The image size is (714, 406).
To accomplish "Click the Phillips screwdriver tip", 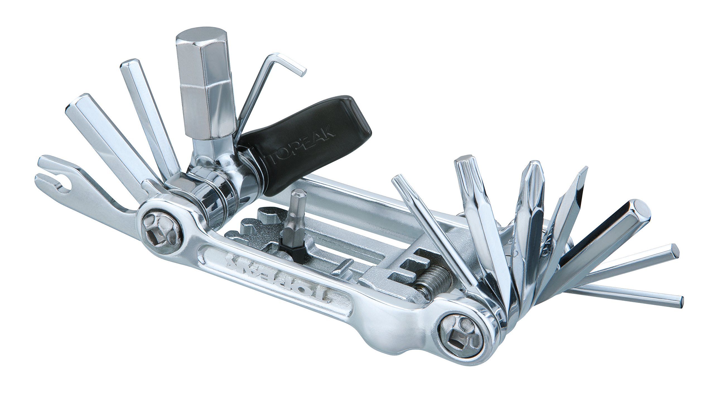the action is click(x=532, y=178).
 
